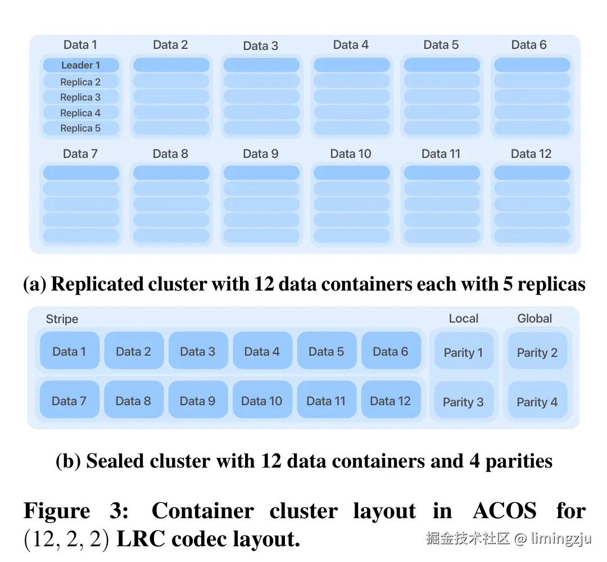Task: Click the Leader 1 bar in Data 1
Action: [x=81, y=65]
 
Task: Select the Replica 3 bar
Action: [x=81, y=97]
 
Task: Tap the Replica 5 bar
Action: [x=81, y=128]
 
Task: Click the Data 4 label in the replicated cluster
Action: [x=351, y=45]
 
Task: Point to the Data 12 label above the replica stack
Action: [x=531, y=154]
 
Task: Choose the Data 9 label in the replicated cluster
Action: [x=261, y=154]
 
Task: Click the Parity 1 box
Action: [x=463, y=352]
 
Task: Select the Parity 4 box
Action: [x=537, y=402]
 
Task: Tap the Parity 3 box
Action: [x=463, y=402]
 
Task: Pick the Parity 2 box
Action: [x=537, y=352]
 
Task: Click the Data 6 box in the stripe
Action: [x=391, y=351]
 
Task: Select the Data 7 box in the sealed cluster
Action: [x=69, y=401]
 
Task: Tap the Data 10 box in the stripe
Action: [x=262, y=401]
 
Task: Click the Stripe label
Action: [x=62, y=319]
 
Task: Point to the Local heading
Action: [x=463, y=319]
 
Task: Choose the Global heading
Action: [x=534, y=319]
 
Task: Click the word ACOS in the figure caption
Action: [x=504, y=511]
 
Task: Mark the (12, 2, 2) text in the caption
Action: [x=66, y=540]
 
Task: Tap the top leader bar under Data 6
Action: [x=532, y=65]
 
